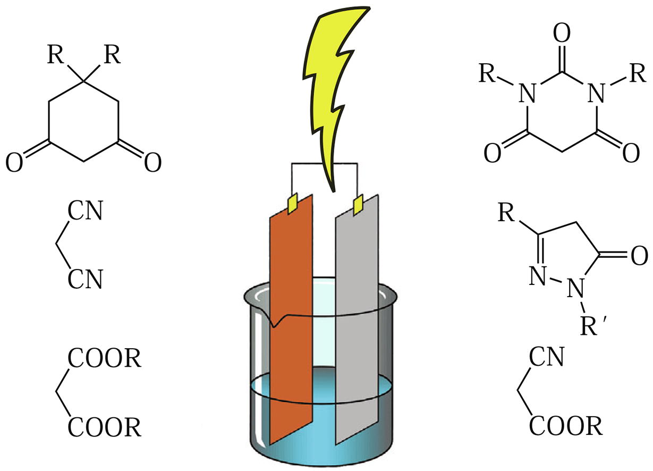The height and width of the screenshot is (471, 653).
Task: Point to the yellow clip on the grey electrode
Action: point(358,203)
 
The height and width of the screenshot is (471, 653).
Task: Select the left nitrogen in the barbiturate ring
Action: point(527,95)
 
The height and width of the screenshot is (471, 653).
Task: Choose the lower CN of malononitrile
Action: point(85,279)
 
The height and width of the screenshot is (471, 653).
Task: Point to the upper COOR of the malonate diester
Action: point(104,359)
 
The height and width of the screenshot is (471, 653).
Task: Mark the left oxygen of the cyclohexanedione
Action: point(15,163)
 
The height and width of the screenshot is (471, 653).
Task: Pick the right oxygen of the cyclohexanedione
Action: point(152,163)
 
